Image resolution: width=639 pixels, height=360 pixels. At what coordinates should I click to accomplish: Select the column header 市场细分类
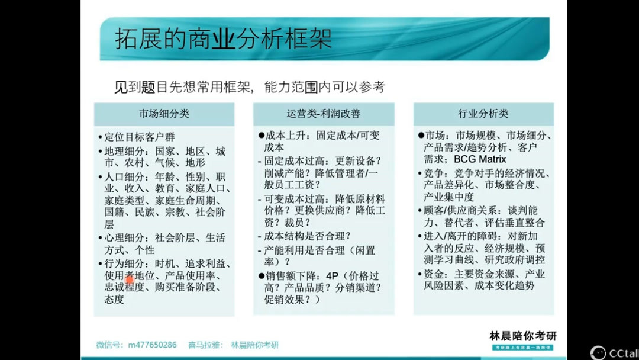164,114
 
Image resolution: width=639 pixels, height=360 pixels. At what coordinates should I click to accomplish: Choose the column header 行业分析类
483,114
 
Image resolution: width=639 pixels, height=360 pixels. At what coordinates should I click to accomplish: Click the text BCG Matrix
480,159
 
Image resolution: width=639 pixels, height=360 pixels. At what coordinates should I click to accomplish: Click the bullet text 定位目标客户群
140,137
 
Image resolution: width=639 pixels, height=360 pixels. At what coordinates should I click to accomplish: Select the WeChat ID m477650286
152,345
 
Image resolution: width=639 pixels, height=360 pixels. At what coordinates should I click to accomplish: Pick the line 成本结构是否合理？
308,236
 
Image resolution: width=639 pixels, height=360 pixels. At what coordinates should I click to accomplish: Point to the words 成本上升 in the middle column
283,136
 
